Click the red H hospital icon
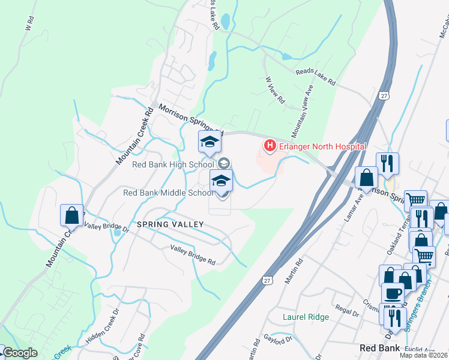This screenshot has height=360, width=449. point(270,146)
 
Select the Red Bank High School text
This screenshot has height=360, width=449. point(173,164)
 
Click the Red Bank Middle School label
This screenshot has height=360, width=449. point(167,193)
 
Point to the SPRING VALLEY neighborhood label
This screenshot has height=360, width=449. point(170,224)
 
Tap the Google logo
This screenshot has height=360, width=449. point(20,353)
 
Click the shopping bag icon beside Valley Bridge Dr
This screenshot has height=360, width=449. point(71,215)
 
